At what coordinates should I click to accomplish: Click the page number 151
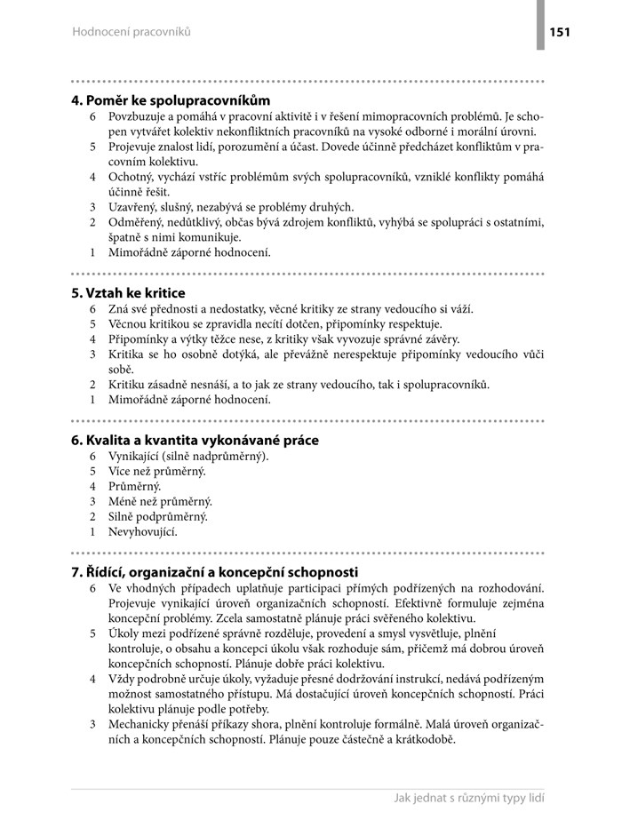pos(560,33)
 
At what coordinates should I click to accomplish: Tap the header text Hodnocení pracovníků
pos(131,33)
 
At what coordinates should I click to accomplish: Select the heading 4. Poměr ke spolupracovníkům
pos(171,100)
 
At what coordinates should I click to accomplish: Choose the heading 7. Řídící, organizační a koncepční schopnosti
pos(214,572)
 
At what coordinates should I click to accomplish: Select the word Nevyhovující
pos(143,531)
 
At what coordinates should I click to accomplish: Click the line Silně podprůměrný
pos(158,516)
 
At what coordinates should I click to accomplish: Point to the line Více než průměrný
pos(156,471)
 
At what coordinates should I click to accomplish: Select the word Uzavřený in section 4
pos(136,207)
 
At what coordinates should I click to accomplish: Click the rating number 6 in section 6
pos(92,456)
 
